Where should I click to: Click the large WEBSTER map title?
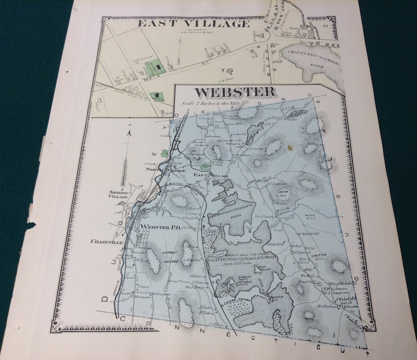pyautogui.click(x=236, y=93)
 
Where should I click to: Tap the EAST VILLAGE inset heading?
pyautogui.click(x=194, y=24)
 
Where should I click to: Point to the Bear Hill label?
pyautogui.click(x=284, y=193)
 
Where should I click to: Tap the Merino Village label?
pyautogui.click(x=118, y=194)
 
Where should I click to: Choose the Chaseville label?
pyautogui.click(x=107, y=242)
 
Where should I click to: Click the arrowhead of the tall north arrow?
pyautogui.click(x=130, y=132)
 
